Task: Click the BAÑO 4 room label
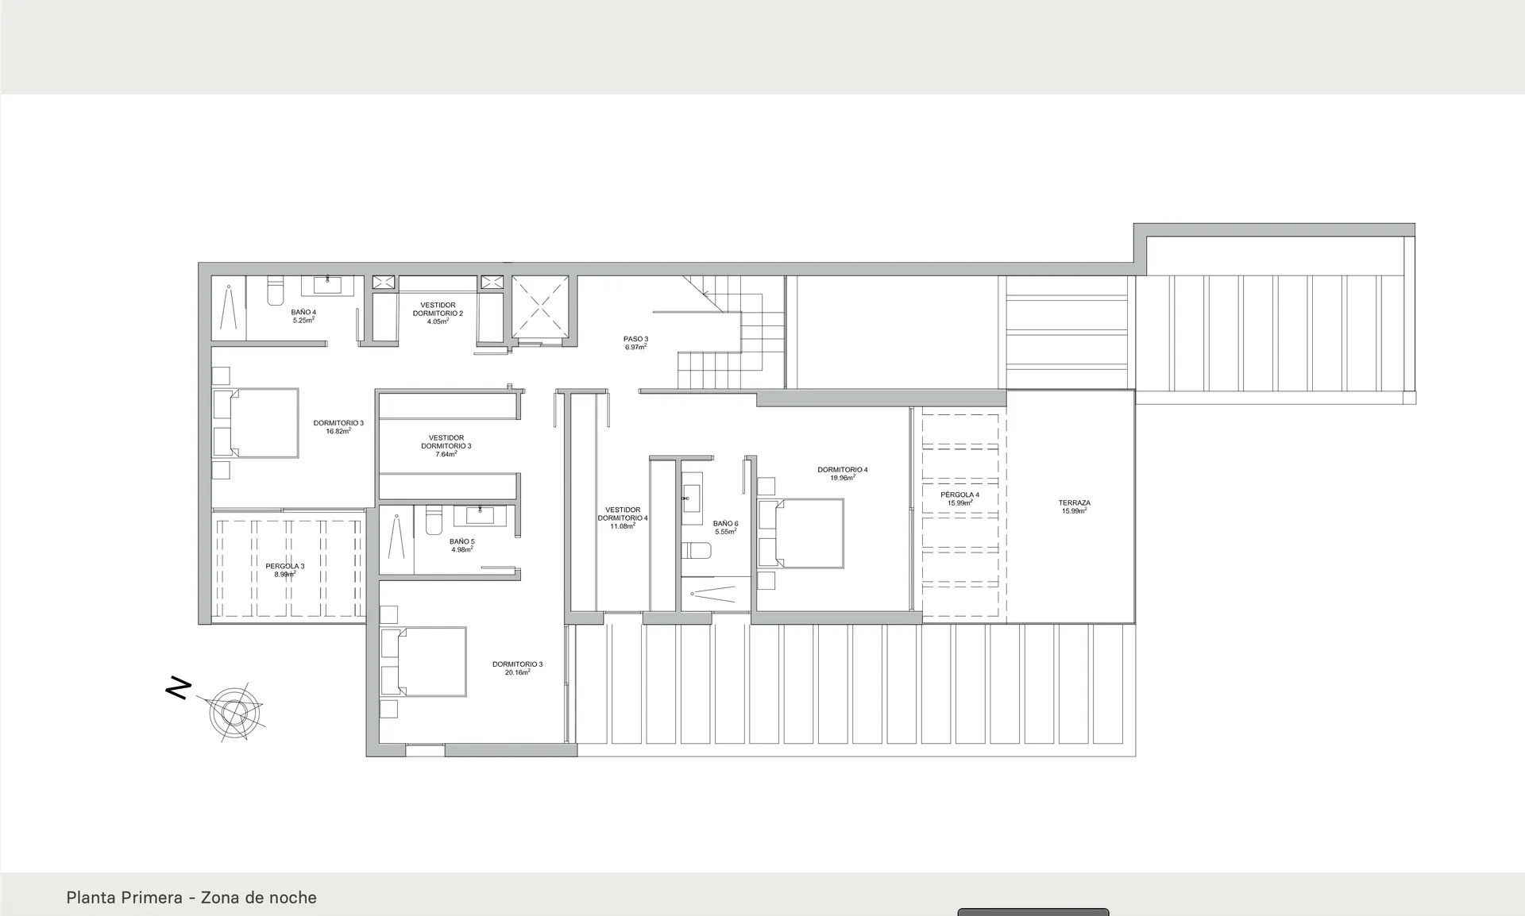[x=303, y=312]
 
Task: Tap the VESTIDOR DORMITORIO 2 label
[x=438, y=309]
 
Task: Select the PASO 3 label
[x=635, y=339]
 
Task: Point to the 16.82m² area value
[x=338, y=431]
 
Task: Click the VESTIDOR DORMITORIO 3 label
[x=446, y=442]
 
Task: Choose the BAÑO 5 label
[x=462, y=541]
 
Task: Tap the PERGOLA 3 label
[x=285, y=566]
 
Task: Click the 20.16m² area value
[x=518, y=672]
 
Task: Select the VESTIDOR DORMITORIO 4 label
[x=623, y=514]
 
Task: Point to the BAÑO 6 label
[x=725, y=523]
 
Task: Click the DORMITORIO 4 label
[x=843, y=470]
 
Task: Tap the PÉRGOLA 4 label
[x=959, y=495]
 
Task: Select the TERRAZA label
[x=1075, y=502]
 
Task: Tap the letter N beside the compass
[x=179, y=688]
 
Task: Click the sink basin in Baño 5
[x=481, y=516]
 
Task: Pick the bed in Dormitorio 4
[x=800, y=533]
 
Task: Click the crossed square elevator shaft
[x=540, y=306]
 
